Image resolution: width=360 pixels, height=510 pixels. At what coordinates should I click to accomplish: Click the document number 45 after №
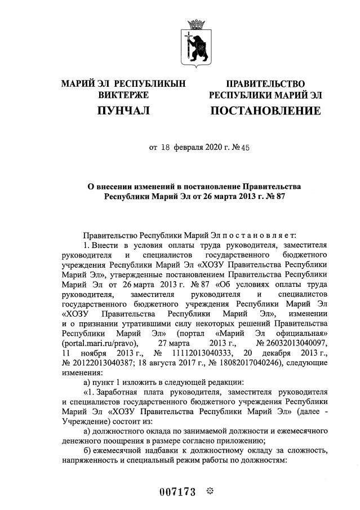246,148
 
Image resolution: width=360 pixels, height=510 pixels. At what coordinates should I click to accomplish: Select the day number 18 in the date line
165,148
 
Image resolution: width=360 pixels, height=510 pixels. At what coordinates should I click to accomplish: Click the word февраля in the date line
189,148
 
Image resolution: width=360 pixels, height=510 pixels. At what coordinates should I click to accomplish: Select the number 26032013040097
292,343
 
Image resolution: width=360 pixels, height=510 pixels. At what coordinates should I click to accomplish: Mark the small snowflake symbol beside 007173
208,491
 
